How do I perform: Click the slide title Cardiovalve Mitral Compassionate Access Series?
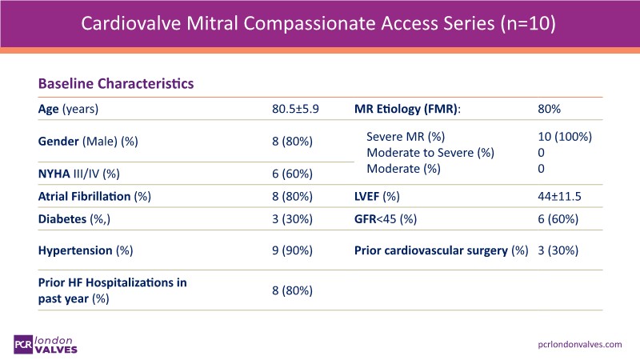tap(319, 24)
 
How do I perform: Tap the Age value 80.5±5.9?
tap(295, 109)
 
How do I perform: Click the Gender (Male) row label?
tap(89, 141)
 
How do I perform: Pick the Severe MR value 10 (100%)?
tap(566, 137)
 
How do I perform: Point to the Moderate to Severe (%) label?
tap(430, 153)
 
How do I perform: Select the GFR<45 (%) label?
tap(388, 219)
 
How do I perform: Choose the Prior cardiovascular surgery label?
tap(442, 250)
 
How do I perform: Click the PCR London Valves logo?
tap(53, 342)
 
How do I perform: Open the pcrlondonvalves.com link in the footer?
tap(578, 343)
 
